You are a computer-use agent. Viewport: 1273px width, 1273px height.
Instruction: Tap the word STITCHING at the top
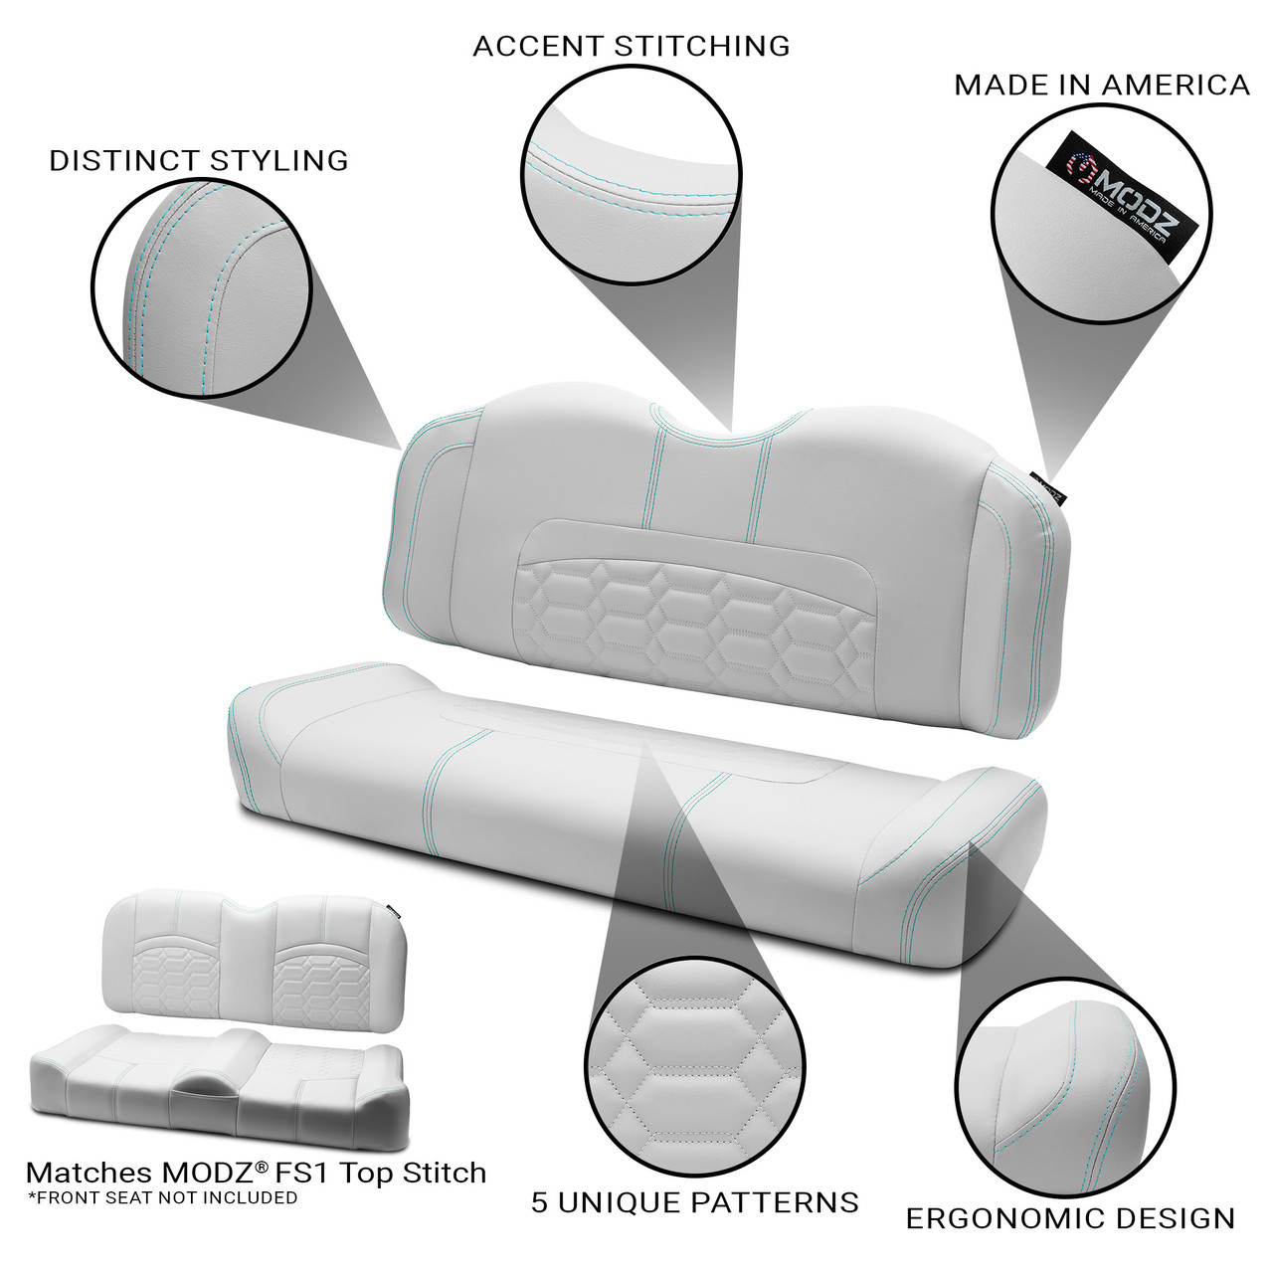click(701, 46)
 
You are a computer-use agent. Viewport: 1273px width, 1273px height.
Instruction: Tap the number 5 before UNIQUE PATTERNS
click(540, 1202)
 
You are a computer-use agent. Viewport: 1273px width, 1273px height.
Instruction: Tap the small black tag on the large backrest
click(1049, 486)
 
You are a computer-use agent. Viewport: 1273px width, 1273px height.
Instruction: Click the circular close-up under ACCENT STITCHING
click(633, 175)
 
